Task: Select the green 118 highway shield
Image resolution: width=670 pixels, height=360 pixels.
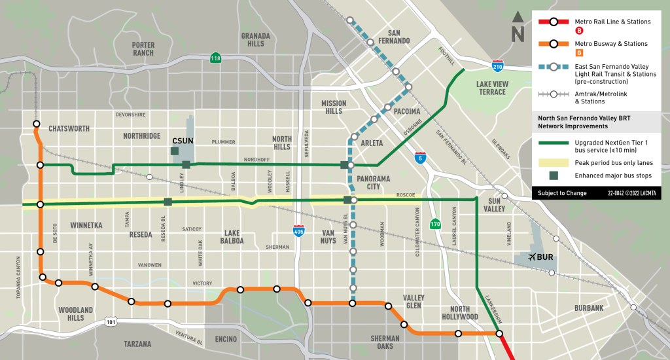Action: click(x=215, y=59)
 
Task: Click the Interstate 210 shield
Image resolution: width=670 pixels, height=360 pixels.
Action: click(x=497, y=64)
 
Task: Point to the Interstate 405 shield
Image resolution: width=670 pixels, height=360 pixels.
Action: click(x=298, y=230)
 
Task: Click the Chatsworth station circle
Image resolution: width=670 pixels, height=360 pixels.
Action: click(x=36, y=124)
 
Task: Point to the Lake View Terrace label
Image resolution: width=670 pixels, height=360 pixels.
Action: click(x=491, y=88)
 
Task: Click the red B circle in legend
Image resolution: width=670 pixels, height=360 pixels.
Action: click(x=579, y=31)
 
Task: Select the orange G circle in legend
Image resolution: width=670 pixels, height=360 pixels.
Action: click(x=579, y=53)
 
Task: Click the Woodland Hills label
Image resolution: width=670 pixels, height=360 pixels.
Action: click(x=76, y=314)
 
